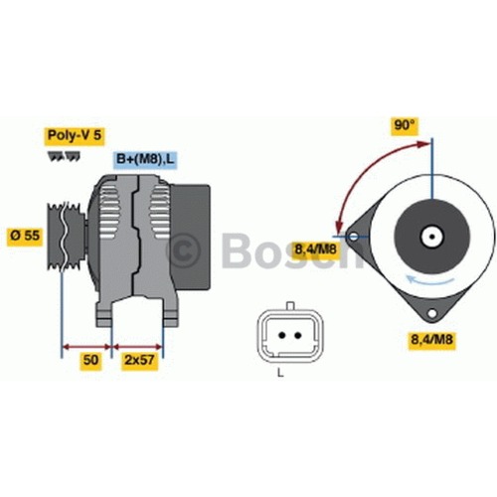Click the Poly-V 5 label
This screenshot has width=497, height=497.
[x=75, y=135]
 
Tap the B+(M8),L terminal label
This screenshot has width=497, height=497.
[x=144, y=159]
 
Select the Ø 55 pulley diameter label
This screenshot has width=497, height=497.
[x=25, y=236]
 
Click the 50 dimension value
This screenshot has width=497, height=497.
[x=90, y=360]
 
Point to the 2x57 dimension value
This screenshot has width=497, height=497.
[x=139, y=360]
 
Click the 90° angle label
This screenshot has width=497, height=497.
[x=405, y=125]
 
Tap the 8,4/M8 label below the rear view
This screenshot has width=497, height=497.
[x=431, y=339]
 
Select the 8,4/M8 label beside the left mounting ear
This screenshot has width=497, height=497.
[x=315, y=248]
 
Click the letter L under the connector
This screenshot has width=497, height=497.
[x=280, y=373]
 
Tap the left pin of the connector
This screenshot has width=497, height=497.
[x=282, y=335]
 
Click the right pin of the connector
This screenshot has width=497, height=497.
[x=298, y=335]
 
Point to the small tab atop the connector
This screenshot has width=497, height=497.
[x=290, y=305]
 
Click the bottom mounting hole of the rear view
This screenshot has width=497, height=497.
[x=431, y=313]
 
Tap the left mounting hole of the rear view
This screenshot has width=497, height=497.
[x=354, y=237]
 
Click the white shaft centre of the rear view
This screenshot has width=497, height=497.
[x=431, y=237]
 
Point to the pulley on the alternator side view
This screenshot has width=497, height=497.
[x=66, y=236]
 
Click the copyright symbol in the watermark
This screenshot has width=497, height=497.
[x=183, y=250]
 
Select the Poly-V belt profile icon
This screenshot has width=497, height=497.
[x=64, y=157]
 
